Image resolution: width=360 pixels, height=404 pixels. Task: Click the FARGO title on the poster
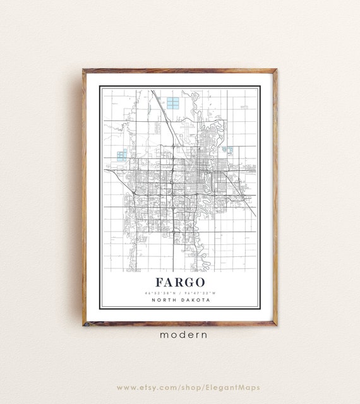click(x=180, y=282)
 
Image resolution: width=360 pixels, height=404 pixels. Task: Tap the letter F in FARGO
click(x=157, y=282)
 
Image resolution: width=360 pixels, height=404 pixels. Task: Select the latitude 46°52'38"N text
click(x=160, y=293)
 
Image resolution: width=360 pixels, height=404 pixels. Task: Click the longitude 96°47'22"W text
click(x=200, y=293)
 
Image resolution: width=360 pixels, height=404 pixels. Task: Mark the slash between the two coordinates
click(x=180, y=293)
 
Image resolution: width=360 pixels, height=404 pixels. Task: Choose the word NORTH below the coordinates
click(x=165, y=300)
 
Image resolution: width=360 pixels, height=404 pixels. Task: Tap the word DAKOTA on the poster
click(x=195, y=300)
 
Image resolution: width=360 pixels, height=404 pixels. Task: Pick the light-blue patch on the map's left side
click(x=122, y=153)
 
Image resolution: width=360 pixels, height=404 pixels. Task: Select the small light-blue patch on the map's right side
click(x=227, y=150)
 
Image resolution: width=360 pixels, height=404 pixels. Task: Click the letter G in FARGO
click(x=191, y=282)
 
